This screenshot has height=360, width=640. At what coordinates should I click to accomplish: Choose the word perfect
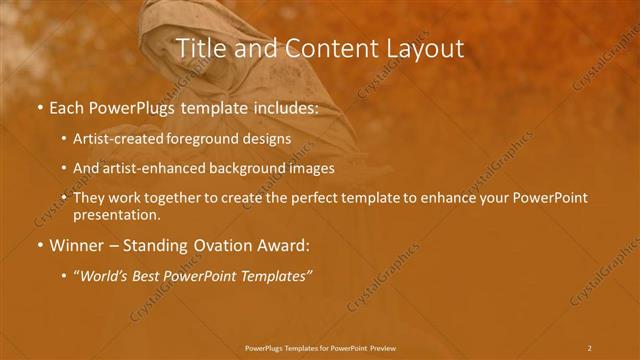(309, 198)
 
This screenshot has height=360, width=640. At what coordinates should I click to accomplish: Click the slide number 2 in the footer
(589, 347)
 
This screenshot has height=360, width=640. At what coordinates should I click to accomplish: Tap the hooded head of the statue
(166, 20)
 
